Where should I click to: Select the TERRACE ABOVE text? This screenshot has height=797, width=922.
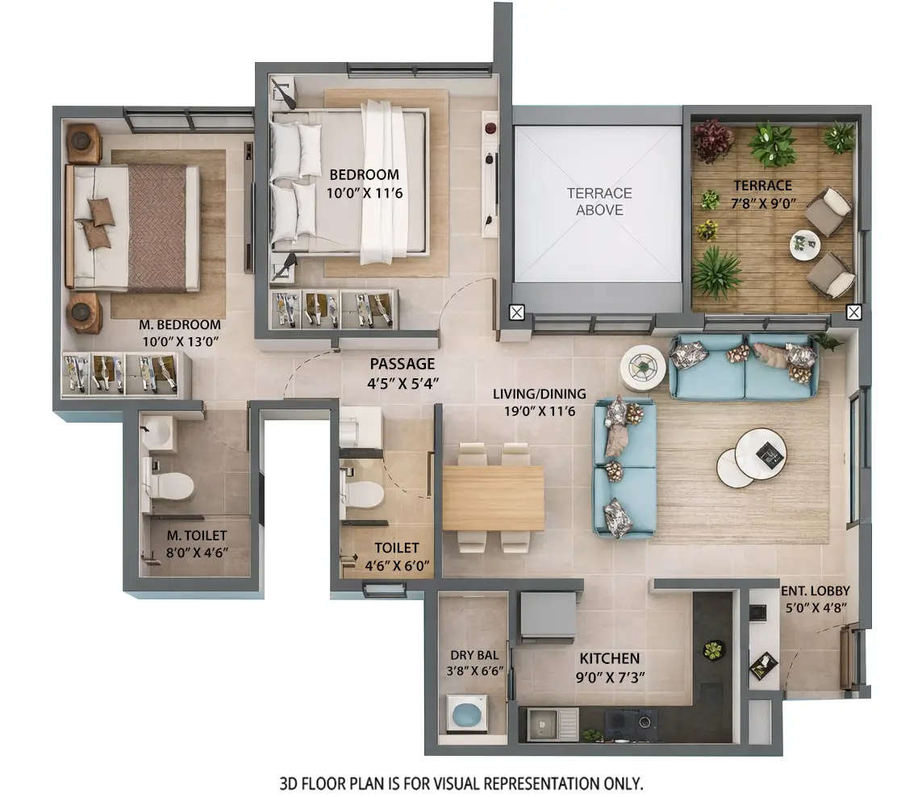pyautogui.click(x=599, y=202)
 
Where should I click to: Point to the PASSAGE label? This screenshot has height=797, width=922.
pyautogui.click(x=402, y=365)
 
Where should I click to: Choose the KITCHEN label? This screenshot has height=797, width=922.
pyautogui.click(x=609, y=659)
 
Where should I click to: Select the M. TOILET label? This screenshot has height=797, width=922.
pyautogui.click(x=196, y=536)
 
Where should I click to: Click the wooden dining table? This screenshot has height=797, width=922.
pyautogui.click(x=493, y=498)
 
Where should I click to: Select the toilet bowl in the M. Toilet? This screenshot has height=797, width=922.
pyautogui.click(x=171, y=486)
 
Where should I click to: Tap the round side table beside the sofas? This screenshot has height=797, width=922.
pyautogui.click(x=643, y=368)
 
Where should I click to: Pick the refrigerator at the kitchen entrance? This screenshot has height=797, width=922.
pyautogui.click(x=548, y=615)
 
